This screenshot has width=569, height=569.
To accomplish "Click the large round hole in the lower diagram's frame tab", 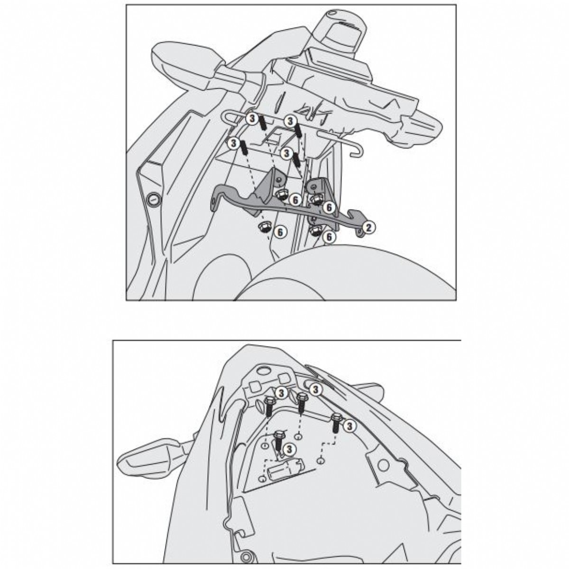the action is [383, 466].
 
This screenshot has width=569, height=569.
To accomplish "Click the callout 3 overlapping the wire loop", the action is [252, 119].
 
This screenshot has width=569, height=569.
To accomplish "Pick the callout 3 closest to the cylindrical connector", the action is [289, 457].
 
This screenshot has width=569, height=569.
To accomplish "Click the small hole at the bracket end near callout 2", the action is [359, 235].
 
